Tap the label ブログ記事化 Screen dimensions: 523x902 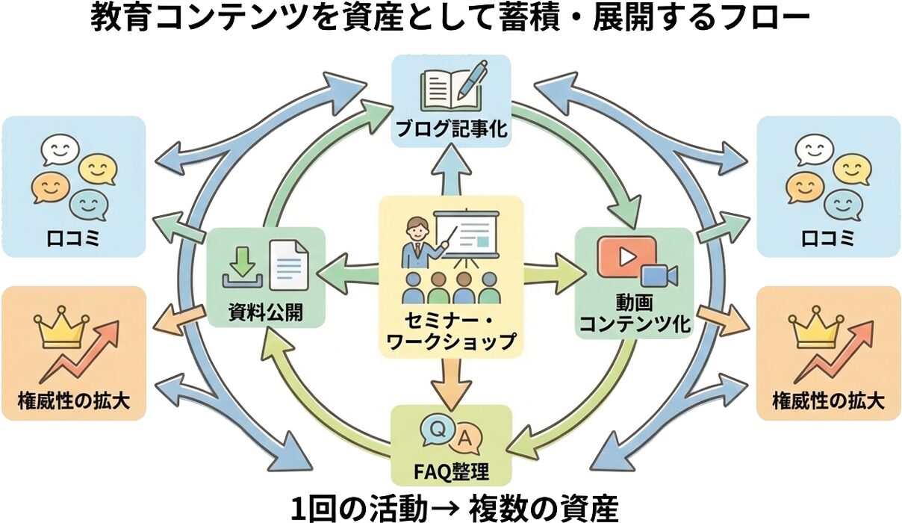[x=451, y=129]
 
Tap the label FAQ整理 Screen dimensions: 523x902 [x=451, y=472]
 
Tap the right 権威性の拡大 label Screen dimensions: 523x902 [x=828, y=401]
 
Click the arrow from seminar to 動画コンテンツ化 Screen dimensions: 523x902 [x=553, y=267]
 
